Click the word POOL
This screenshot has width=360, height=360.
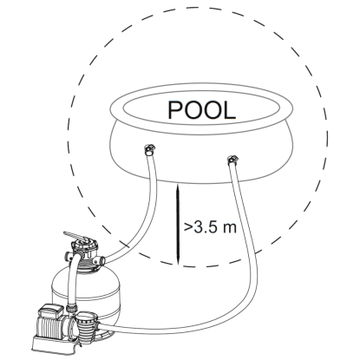pos(201,110)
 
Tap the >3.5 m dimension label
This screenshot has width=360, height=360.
pos(210,227)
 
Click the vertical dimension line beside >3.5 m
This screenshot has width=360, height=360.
pos(179,225)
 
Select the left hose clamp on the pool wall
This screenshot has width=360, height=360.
pos(149,149)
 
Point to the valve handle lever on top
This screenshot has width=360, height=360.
pos(75,235)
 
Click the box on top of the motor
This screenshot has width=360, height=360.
pos(49,311)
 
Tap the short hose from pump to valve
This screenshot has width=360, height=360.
pos(71,278)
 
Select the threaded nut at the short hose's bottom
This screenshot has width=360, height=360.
pos(70,307)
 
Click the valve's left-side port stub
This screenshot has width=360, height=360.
pos(69,256)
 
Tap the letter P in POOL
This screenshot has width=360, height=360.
pos(175,110)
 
